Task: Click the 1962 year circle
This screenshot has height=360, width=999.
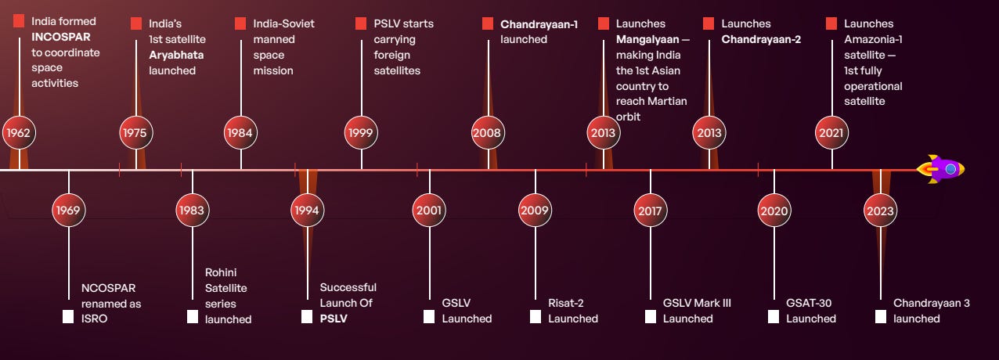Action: pos(19,133)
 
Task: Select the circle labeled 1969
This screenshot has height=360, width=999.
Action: pos(69,211)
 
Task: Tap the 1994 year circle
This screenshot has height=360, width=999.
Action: pos(308,211)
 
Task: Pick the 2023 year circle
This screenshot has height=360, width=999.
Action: pos(881,211)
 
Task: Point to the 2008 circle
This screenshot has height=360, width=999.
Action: pos(488,133)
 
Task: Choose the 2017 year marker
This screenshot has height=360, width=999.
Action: pos(651,211)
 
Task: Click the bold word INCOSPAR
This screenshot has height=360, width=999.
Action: pos(61,37)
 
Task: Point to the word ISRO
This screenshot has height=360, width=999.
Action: pos(94,319)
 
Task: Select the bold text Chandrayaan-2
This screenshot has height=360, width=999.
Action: pos(761,39)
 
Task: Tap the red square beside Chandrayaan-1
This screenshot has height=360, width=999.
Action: pos(489,23)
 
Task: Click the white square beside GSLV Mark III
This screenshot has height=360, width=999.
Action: pos(651,317)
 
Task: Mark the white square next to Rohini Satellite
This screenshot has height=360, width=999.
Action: pos(193,317)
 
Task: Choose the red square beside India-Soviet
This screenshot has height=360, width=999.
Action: pos(240,23)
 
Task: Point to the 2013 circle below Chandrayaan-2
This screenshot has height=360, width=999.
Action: pos(709,133)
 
